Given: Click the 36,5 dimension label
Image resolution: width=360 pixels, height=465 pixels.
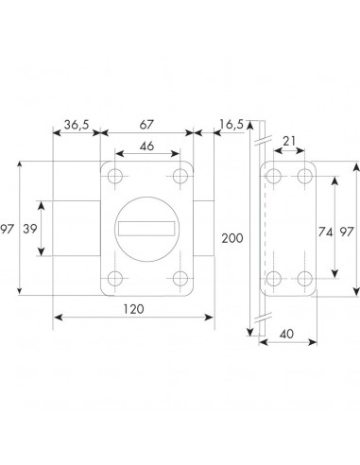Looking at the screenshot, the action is point(77,125).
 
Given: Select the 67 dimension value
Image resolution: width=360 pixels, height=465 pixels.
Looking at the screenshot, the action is point(146,125).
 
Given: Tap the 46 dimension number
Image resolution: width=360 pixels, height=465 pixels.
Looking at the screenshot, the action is point(147,146).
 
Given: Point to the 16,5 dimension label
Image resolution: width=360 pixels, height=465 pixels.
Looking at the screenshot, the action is point(231,125).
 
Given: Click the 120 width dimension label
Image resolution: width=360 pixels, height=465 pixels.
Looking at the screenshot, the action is point(133,309).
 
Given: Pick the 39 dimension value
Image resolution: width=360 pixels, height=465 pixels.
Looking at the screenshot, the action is point(30,229).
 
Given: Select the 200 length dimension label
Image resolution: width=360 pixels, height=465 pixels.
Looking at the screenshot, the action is point(232,238).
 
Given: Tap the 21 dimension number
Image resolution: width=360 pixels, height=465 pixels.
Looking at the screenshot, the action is point(289,141).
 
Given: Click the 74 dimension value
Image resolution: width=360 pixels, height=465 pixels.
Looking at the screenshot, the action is point(325,232).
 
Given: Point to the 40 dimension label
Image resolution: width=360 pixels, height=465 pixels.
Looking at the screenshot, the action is point(286,334).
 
